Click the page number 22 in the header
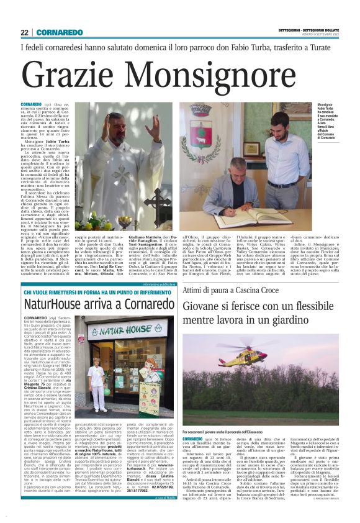(25, 32)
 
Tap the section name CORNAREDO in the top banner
(60, 32)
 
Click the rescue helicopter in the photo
(261, 361)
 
